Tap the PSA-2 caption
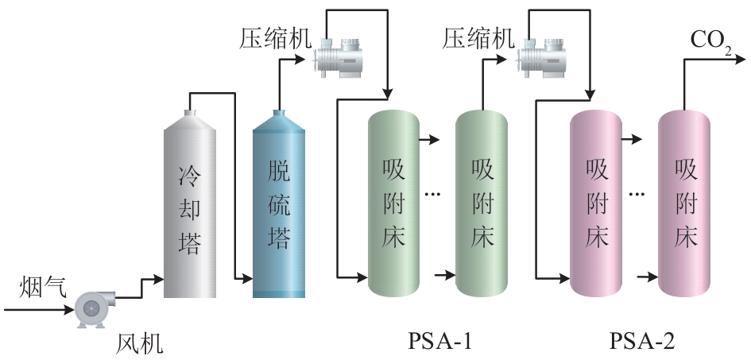[x=641, y=343]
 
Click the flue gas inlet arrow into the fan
[x=68, y=309]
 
